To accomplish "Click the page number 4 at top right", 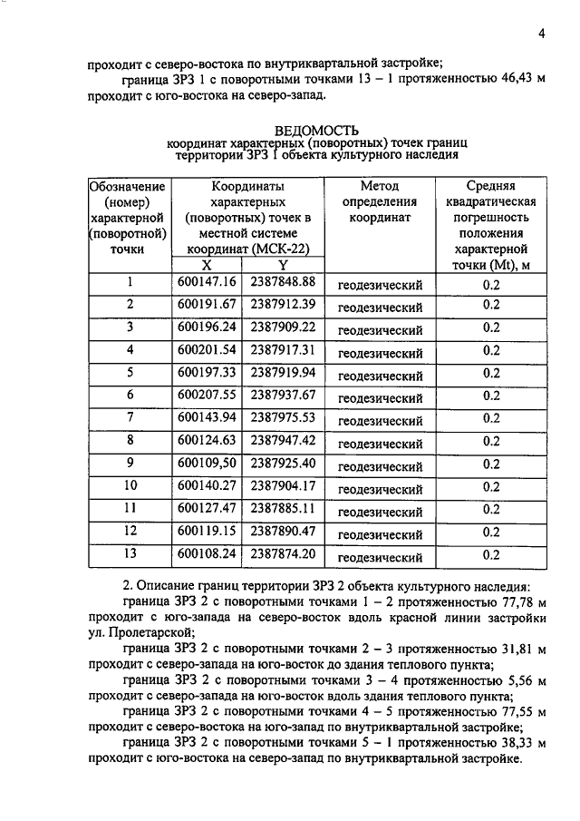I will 540,34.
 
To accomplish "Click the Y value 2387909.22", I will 283,327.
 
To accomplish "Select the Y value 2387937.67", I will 283,396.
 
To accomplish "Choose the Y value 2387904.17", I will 283,486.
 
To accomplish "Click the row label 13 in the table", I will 130,554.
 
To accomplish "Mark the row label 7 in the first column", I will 130,418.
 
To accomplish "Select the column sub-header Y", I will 283,265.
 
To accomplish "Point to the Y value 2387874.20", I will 283,554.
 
